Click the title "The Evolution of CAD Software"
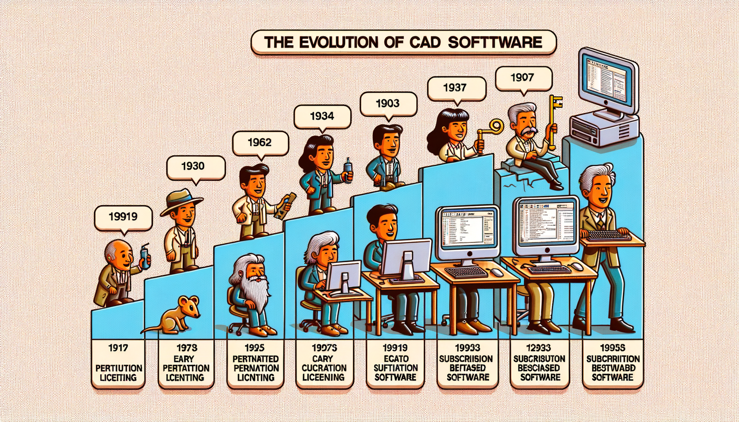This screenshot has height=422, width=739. (403, 42)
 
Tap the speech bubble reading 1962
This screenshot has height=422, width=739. (260, 142)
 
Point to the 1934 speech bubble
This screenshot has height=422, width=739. (322, 116)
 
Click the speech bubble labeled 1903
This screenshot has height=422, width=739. (388, 103)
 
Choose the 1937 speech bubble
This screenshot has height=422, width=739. (455, 88)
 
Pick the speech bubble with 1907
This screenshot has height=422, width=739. (522, 78)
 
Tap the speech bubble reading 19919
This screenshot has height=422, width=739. (123, 216)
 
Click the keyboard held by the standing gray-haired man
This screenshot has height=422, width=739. (609, 235)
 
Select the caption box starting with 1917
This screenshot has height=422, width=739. (118, 363)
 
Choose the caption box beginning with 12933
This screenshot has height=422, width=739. (539, 363)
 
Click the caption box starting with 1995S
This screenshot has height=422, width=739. (612, 363)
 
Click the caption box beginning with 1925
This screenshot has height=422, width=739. (255, 363)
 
